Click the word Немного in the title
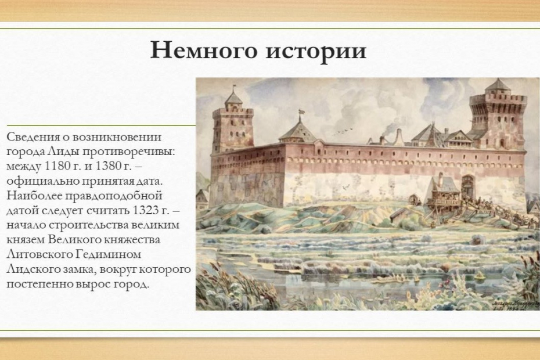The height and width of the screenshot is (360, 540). (204, 50)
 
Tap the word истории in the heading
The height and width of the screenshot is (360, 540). (316, 51)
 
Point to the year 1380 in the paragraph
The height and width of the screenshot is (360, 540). (107, 166)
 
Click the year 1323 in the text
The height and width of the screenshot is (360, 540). (145, 210)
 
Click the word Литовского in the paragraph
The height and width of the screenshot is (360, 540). (39, 254)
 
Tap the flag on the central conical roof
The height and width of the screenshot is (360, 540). (301, 111)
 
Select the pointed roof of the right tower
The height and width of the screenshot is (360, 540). (498, 85)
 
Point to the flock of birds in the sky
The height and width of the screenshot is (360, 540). (343, 132)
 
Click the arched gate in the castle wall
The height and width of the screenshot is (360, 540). (467, 186)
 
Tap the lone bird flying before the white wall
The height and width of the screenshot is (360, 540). (345, 188)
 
